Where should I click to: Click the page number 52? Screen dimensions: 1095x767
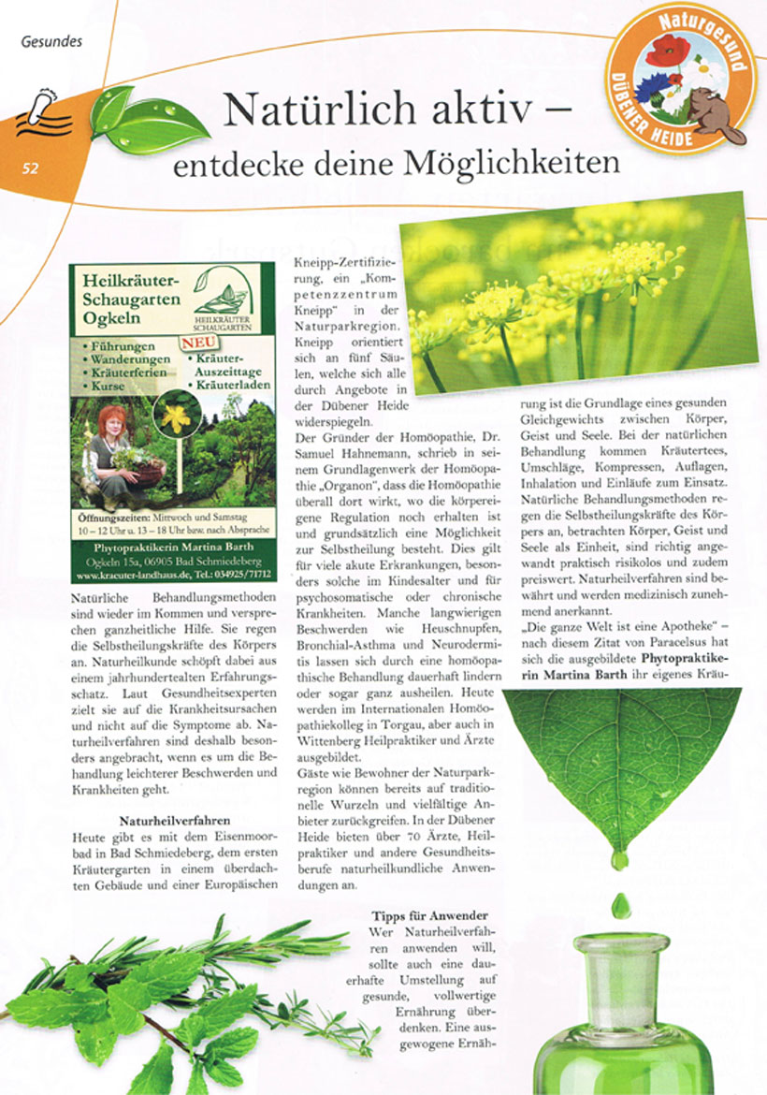31,168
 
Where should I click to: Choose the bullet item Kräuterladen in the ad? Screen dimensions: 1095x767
233,384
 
